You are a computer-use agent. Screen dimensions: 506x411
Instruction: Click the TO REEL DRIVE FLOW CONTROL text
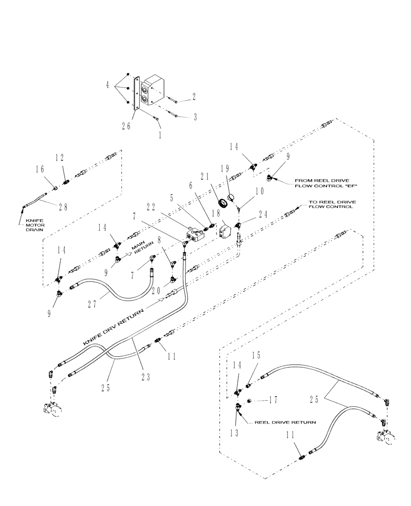332,204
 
